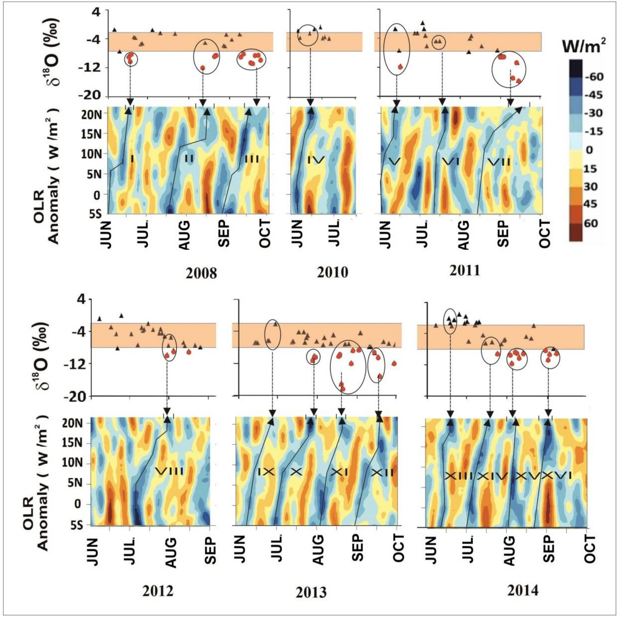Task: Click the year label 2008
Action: click(201, 273)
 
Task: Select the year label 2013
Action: click(311, 592)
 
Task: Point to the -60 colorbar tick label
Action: click(594, 77)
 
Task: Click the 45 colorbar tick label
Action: click(590, 204)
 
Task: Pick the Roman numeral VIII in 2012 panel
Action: click(169, 472)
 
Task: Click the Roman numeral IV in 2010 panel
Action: click(316, 160)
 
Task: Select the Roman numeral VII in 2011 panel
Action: click(499, 162)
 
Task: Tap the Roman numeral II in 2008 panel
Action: click(189, 159)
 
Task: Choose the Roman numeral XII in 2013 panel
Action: click(382, 473)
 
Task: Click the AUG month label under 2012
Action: click(170, 553)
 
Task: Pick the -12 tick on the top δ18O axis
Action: click(90, 67)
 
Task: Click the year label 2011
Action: click(464, 271)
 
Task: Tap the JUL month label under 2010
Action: click(335, 233)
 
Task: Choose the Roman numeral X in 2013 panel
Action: click(296, 472)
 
